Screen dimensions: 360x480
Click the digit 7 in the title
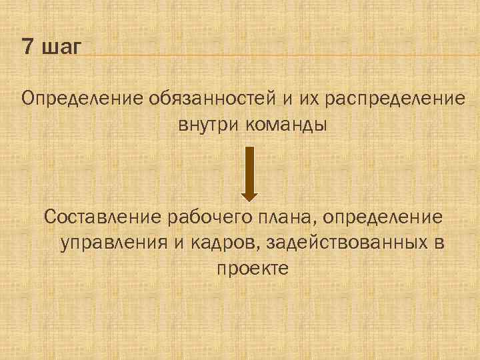coord(27,47)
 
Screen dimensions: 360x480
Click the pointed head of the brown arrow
coord(249,195)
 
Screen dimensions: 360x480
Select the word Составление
coord(105,217)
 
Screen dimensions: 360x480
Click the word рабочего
coord(210,217)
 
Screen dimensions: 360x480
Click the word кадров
coord(223,243)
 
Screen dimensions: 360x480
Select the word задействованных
coord(346,243)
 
